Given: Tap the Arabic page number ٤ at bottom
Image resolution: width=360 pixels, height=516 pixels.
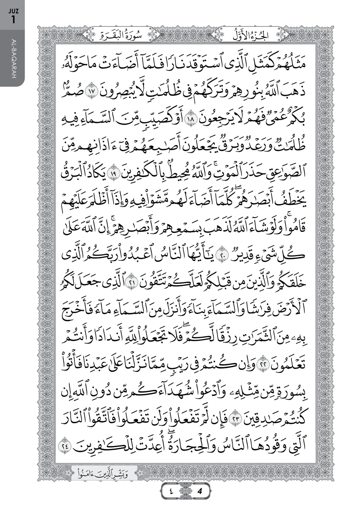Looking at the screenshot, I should click(170, 491).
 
